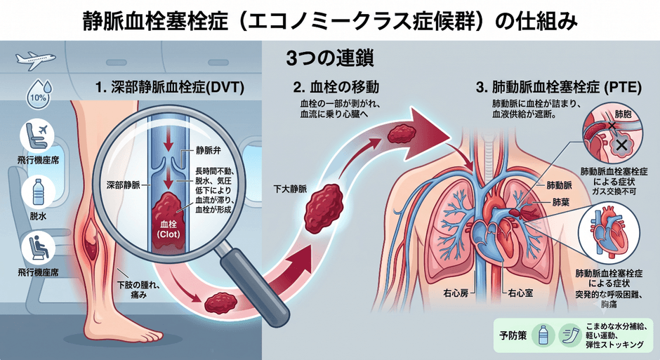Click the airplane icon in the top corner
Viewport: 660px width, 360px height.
(x=35, y=60)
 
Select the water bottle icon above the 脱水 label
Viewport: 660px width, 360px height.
(x=39, y=192)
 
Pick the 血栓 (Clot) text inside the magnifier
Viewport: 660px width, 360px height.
(x=169, y=229)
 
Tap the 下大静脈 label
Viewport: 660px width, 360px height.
(x=290, y=189)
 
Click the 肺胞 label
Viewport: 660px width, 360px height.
(x=623, y=114)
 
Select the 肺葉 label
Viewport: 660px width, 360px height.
(x=561, y=202)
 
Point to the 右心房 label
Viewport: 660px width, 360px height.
(x=456, y=293)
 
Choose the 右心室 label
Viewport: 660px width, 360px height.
(x=520, y=293)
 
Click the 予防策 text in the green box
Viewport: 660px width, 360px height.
(x=513, y=335)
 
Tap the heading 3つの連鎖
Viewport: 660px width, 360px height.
(x=330, y=59)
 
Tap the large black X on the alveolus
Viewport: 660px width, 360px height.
(x=621, y=145)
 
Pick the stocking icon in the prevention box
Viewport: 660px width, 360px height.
(x=569, y=335)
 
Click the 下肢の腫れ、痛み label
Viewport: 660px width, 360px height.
(x=138, y=291)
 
